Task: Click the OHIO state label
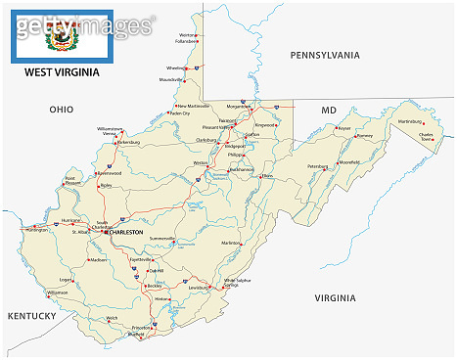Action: coord(62,111)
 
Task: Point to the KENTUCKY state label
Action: coord(33,316)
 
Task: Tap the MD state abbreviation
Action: coord(329,111)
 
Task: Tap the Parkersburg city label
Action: coord(129,142)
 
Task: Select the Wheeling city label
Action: coord(176,68)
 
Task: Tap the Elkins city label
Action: coord(267,176)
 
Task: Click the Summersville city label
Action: coord(161,238)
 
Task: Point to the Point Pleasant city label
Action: coord(71,181)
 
